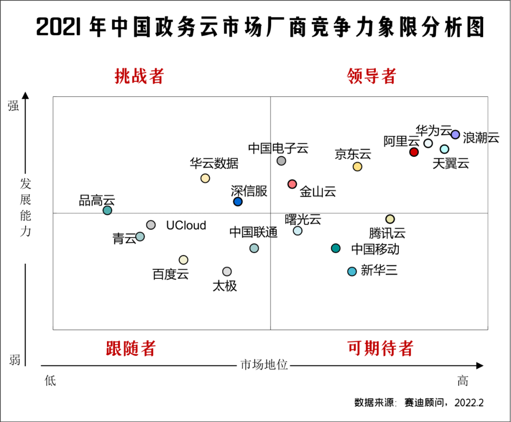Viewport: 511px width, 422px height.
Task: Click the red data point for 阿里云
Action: [414, 152]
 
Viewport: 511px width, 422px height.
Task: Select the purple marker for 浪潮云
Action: [455, 134]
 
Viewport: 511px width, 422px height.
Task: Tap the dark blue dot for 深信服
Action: [238, 202]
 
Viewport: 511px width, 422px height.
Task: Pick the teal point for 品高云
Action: [107, 210]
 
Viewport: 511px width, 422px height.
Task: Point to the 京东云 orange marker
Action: [357, 166]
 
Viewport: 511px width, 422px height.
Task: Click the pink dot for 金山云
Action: [292, 184]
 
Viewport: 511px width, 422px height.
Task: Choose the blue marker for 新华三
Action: [352, 271]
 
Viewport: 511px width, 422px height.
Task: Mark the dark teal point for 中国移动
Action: [335, 248]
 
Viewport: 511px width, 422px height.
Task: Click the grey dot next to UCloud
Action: [151, 225]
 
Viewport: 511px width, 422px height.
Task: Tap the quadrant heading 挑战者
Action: [139, 76]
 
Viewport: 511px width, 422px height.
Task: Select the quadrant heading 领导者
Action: [372, 76]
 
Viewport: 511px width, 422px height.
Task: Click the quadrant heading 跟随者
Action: [131, 348]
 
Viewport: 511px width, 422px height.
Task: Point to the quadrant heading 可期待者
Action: [380, 348]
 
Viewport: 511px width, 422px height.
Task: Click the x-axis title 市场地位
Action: [264, 365]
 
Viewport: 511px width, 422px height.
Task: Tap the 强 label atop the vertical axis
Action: [14, 106]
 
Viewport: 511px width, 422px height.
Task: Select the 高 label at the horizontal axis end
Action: [462, 380]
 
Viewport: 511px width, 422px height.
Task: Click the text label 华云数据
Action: [214, 164]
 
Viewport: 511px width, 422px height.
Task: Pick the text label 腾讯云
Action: [388, 233]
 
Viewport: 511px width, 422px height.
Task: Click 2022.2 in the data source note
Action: [469, 403]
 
